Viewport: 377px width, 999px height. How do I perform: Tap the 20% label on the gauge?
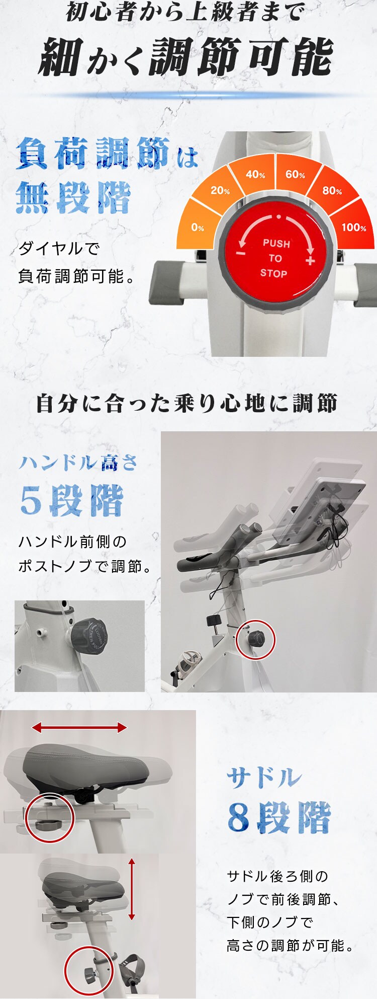point(220,191)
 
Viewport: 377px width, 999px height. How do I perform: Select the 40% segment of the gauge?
point(255,175)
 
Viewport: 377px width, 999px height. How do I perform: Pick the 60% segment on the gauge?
point(295,175)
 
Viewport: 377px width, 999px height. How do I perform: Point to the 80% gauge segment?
point(332,191)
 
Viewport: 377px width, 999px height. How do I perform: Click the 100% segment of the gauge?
point(353,227)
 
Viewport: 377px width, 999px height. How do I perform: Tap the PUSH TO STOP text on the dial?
point(275,258)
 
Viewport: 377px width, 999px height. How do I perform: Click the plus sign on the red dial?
point(310,260)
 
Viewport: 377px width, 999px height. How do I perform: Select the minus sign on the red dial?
point(241,253)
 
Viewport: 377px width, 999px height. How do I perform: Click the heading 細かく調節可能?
point(186,57)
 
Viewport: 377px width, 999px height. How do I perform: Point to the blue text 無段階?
point(73,198)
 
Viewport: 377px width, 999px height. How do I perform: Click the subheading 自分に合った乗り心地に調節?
point(186,404)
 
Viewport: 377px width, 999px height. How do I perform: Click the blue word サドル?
point(264,778)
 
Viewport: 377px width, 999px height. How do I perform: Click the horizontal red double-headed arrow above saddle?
point(79,727)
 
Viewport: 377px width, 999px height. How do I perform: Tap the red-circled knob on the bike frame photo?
point(256,640)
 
